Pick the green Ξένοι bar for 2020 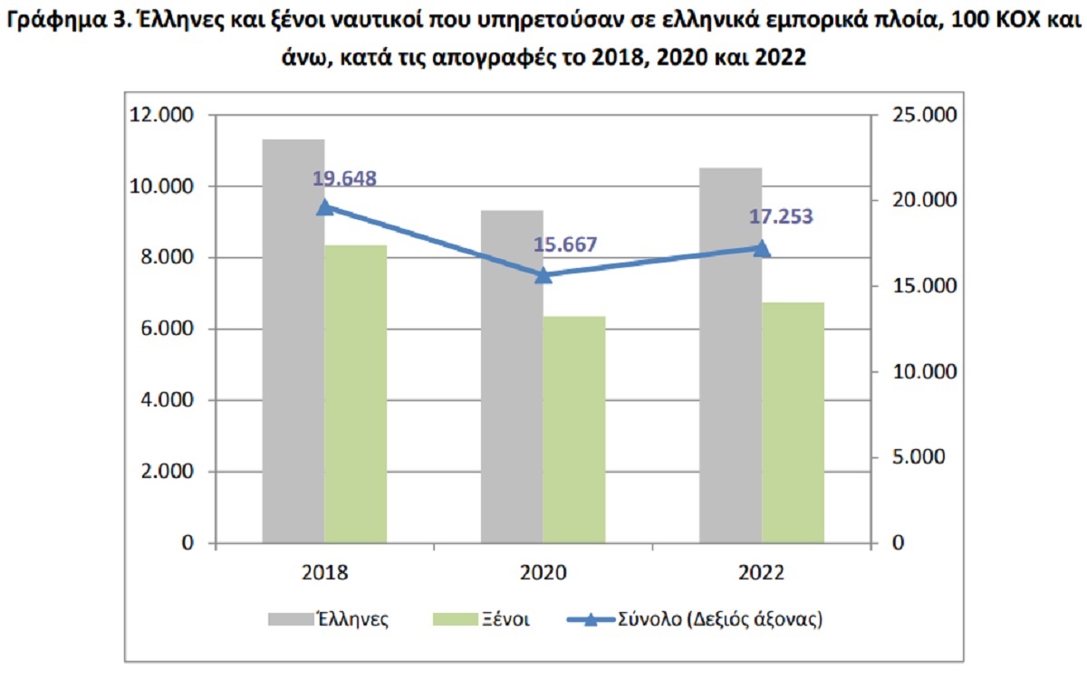point(574,430)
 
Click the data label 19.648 point(344,178)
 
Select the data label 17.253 point(781,217)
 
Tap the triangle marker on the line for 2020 point(543,275)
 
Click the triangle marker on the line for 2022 point(762,248)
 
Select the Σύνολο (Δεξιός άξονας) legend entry point(694,620)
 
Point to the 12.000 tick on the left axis point(163,115)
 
